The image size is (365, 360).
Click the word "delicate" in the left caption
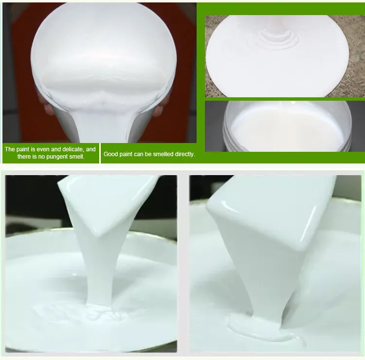click(x=73, y=149)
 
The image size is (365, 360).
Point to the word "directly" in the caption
click(x=185, y=154)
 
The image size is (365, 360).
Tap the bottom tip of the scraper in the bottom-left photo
click(x=101, y=235)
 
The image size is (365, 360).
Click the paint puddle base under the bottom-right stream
click(x=265, y=330)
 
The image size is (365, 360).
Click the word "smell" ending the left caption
click(x=77, y=156)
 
